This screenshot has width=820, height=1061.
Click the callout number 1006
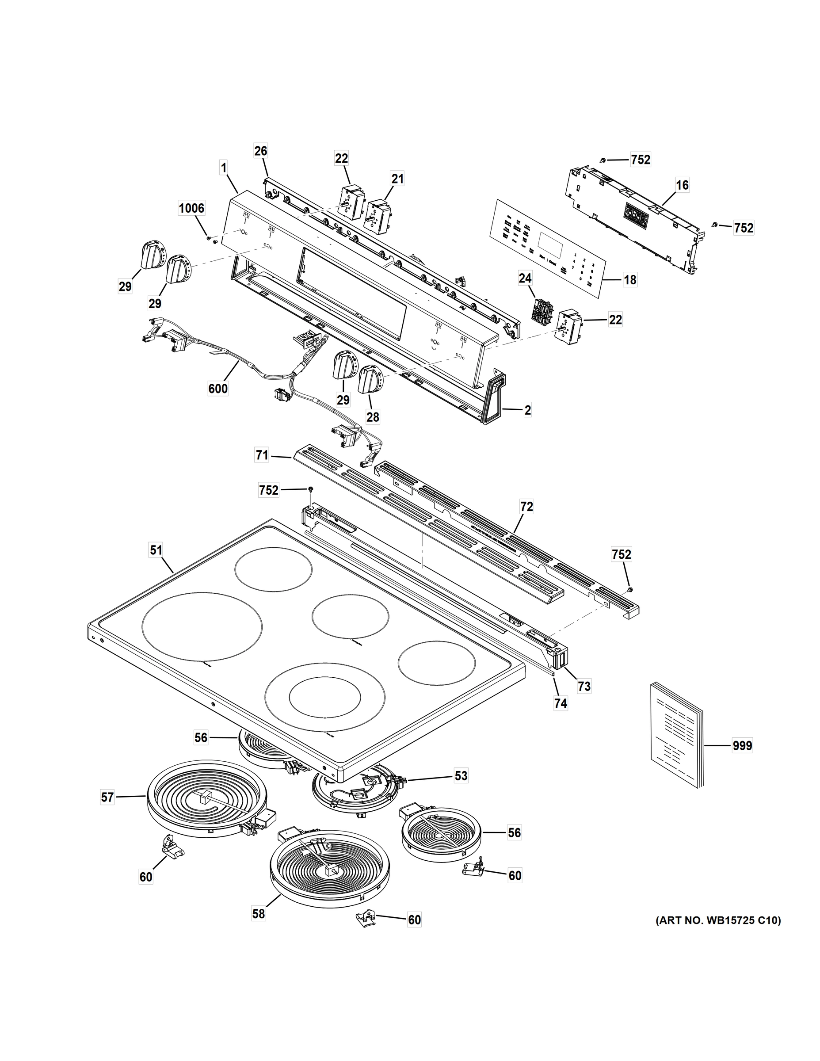coord(191,208)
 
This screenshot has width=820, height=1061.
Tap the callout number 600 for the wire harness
coord(217,389)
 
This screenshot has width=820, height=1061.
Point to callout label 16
coord(682,185)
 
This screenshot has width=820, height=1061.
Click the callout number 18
coord(630,280)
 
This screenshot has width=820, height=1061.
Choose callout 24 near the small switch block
coord(525,279)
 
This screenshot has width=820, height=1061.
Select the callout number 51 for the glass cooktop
coord(156,550)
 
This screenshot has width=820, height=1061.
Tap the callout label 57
coord(107,797)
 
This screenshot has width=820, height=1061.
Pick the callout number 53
coord(461,775)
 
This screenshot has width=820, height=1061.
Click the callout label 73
coord(584,686)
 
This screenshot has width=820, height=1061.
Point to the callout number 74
coord(561,703)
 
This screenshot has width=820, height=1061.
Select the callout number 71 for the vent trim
coord(262,455)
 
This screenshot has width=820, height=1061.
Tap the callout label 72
coord(526,507)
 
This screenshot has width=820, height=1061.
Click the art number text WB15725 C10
coord(718,920)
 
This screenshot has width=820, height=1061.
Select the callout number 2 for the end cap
coord(527,409)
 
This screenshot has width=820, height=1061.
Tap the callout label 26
coord(261,151)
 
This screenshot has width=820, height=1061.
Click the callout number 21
coord(397,179)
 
